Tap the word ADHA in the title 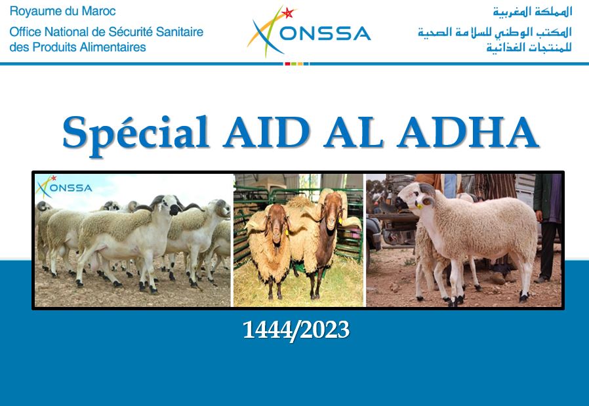[x=468, y=132]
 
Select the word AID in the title [x=266, y=132]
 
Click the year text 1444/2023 [x=296, y=330]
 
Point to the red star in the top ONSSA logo [x=288, y=13]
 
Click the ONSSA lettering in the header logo [x=325, y=33]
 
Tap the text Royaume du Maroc [x=63, y=11]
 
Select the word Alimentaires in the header [x=117, y=47]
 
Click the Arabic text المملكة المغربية [x=533, y=12]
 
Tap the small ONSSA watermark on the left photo [x=64, y=187]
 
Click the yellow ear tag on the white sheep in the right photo [x=419, y=206]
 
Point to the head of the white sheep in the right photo [x=415, y=196]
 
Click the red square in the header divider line [x=287, y=64]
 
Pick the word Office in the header [x=25, y=32]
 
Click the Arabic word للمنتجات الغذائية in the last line [x=529, y=48]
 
